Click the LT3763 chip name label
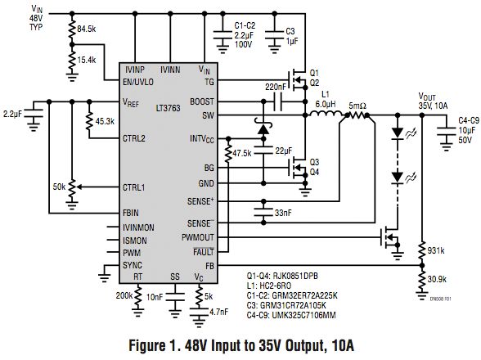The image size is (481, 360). coord(169,108)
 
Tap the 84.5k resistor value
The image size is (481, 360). coord(87,29)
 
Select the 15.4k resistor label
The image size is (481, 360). coord(87,61)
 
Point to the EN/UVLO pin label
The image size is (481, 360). coord(138,83)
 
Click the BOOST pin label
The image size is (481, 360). coord(202,101)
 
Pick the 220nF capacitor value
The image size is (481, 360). coord(276,88)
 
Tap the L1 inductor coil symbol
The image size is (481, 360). coord(326,114)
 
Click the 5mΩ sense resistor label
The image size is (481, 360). coord(357,106)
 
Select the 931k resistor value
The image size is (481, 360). coord(436,250)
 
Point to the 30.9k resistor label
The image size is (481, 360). coord(437,279)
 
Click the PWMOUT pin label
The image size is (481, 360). coord(198,238)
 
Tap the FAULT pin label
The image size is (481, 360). coord(204,252)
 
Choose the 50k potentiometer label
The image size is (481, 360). coord(59,187)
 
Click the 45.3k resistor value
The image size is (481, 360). coord(105,122)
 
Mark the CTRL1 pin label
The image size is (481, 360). coord(134,187)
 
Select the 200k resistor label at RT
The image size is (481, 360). coord(124,296)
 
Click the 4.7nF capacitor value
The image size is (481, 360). coord(219,312)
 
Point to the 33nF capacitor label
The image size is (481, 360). coord(283,213)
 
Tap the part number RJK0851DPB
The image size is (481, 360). coord(295,276)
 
